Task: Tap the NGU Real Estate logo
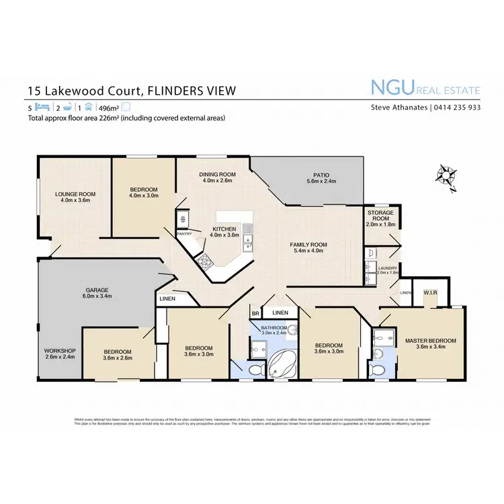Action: (425, 87)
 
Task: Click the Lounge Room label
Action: (75, 194)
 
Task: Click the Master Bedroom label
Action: (430, 341)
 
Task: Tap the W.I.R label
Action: (430, 293)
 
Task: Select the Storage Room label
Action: (380, 215)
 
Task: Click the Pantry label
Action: (184, 234)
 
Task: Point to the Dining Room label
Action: (216, 174)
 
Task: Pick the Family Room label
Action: (308, 245)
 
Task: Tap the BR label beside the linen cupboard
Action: (255, 313)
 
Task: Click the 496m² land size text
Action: (109, 108)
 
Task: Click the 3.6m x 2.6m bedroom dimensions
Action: (118, 358)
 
